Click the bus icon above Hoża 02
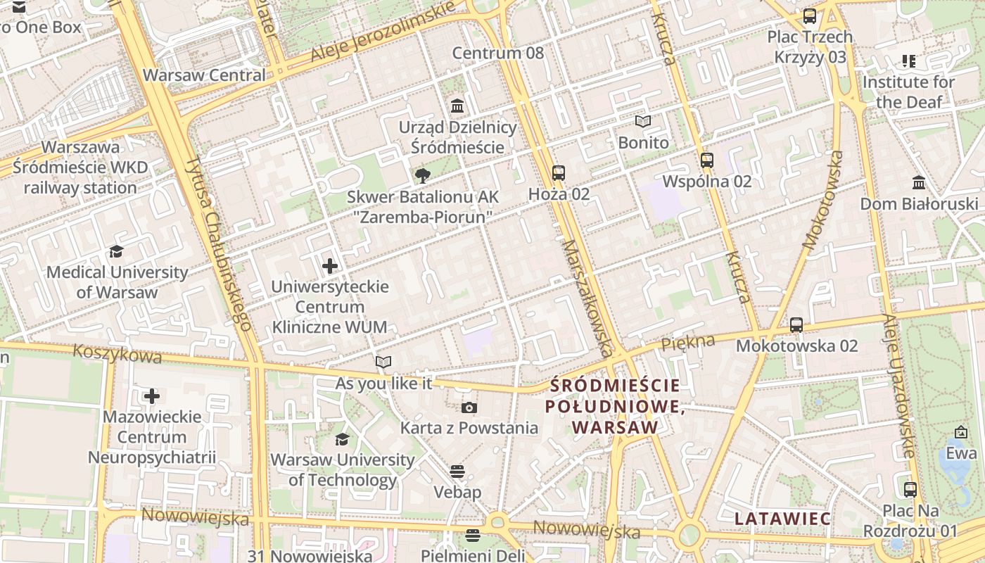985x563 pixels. click(x=559, y=172)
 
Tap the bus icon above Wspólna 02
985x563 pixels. click(x=707, y=160)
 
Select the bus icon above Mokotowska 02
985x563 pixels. click(x=796, y=325)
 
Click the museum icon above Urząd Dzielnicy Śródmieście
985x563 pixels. click(x=458, y=106)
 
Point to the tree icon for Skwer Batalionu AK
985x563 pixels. click(x=422, y=175)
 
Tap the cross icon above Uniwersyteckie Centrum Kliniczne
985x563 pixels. click(x=330, y=266)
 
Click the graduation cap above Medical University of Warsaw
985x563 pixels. click(x=116, y=251)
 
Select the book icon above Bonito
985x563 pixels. click(x=643, y=121)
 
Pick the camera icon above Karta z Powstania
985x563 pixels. click(x=469, y=407)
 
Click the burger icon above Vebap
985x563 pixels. click(x=457, y=471)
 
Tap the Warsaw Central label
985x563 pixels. click(x=204, y=75)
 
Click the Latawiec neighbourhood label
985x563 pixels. click(x=783, y=519)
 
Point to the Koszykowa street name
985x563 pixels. click(x=117, y=353)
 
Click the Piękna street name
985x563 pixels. click(x=688, y=343)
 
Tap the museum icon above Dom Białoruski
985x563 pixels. click(x=919, y=183)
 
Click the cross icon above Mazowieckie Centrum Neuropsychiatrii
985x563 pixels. click(x=152, y=396)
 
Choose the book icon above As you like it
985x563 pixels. click(x=383, y=362)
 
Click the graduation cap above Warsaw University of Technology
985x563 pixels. click(x=343, y=439)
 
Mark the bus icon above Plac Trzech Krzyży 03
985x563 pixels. click(x=810, y=15)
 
